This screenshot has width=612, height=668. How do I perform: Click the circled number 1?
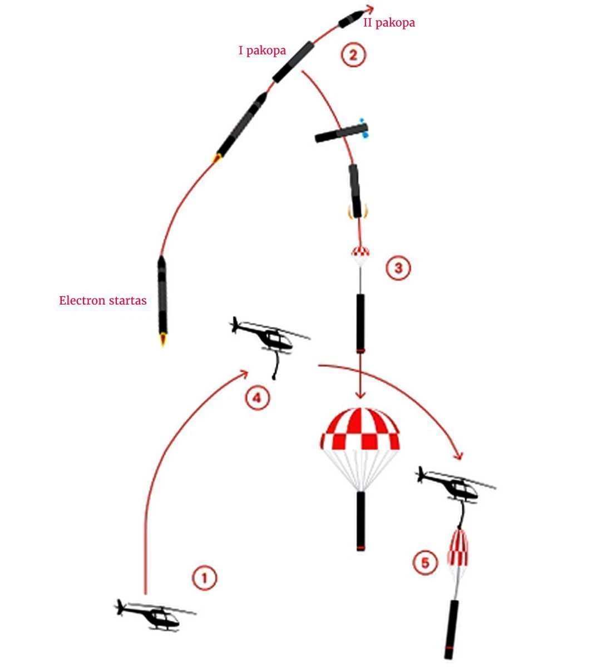[204, 577]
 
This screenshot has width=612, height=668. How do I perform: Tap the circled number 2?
[353, 55]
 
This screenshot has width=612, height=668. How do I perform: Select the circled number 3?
[398, 268]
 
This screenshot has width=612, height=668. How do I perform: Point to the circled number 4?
[258, 398]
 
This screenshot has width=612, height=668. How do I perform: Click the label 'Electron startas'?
[103, 300]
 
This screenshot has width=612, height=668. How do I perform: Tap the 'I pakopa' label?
[262, 51]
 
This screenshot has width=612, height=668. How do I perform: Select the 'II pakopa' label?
[389, 23]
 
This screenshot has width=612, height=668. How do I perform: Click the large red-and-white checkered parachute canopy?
[360, 429]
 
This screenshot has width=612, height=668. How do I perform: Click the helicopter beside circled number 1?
[155, 616]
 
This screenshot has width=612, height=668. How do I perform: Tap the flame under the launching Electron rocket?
[163, 340]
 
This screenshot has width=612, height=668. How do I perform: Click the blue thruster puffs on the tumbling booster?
[364, 127]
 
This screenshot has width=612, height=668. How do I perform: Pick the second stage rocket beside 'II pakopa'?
[351, 19]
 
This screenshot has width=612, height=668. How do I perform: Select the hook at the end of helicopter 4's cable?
[274, 377]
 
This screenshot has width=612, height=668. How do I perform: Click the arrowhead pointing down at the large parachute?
[360, 395]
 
